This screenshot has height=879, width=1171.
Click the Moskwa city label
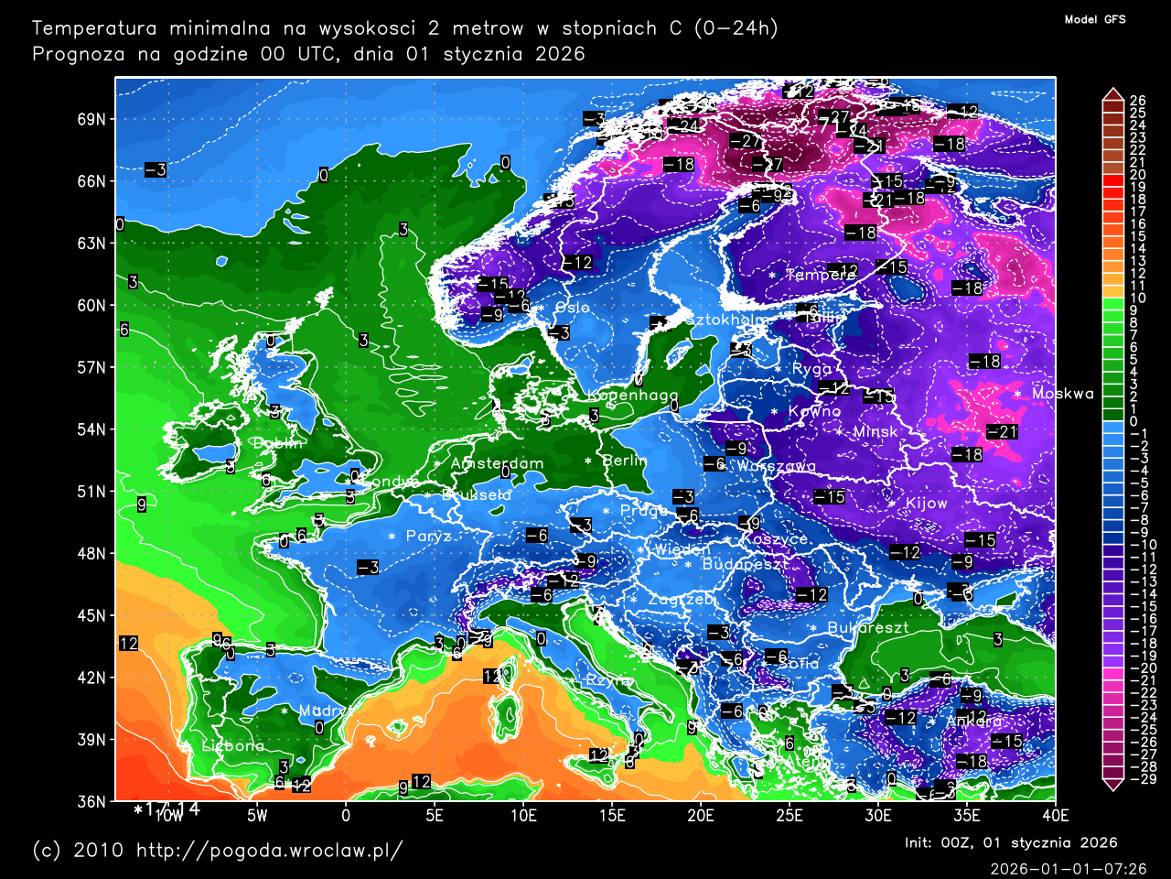(x=1062, y=394)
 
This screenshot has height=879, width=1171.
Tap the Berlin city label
(x=625, y=461)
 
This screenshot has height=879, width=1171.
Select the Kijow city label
(x=926, y=504)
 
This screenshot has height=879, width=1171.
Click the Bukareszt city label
(x=867, y=628)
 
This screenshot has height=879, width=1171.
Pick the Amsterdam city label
(x=497, y=463)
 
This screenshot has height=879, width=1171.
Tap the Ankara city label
(x=973, y=722)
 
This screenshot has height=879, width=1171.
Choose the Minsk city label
(x=875, y=431)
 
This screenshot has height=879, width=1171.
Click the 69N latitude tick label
(x=91, y=120)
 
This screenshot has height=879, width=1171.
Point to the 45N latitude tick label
(x=91, y=615)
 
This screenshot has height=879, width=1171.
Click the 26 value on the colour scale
(x=1137, y=101)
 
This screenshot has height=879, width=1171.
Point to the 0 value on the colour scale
(x=1133, y=421)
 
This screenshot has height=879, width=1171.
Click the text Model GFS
(x=1095, y=19)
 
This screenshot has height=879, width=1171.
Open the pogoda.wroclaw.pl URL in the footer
(x=269, y=851)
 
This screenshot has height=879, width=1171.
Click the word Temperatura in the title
(x=93, y=28)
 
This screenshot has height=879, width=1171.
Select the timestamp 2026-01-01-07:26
(x=1068, y=868)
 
